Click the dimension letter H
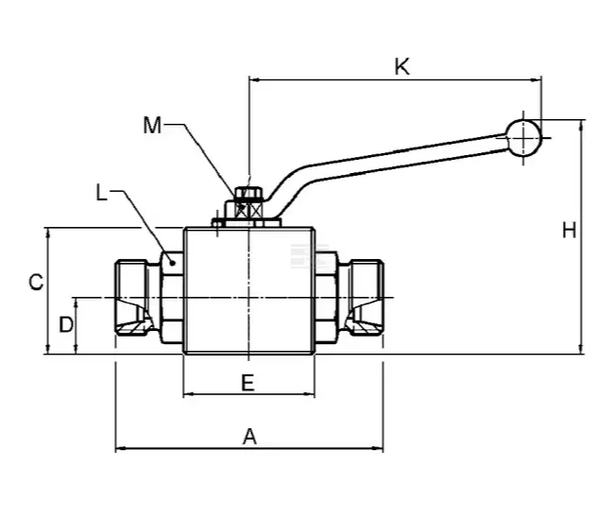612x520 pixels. click(x=569, y=230)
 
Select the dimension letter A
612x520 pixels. click(x=249, y=436)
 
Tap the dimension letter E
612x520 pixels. click(x=247, y=382)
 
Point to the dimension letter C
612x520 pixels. click(x=34, y=282)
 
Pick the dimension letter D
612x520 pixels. click(x=65, y=325)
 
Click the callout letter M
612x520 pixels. click(x=152, y=124)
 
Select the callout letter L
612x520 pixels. click(x=102, y=193)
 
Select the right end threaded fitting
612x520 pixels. click(x=363, y=298)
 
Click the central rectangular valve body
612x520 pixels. click(x=248, y=289)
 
